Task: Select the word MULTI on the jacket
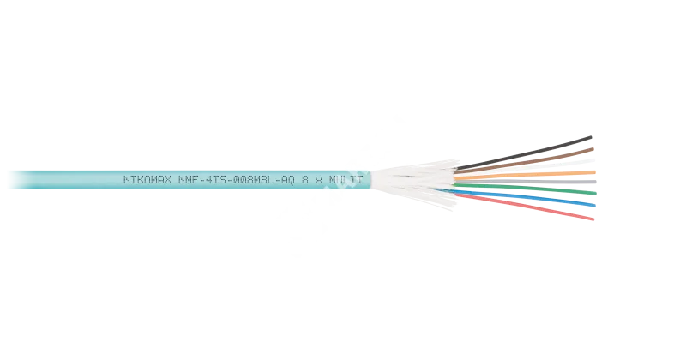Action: coord(345,180)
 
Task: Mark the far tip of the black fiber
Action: coord(593,136)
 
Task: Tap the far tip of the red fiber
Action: coord(593,220)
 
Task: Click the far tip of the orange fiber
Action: coord(594,172)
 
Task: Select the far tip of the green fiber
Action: coord(594,191)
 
